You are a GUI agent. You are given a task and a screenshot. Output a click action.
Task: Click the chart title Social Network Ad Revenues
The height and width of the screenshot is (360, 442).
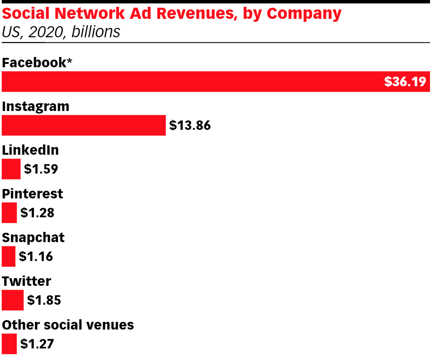tap(172, 14)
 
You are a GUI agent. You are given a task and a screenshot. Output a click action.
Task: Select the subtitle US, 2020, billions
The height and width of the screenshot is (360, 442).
tap(61, 32)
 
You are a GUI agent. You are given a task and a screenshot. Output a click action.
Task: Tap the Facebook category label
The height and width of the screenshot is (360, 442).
tap(37, 63)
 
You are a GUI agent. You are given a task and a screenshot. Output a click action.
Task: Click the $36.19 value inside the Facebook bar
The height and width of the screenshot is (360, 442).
tap(405, 81)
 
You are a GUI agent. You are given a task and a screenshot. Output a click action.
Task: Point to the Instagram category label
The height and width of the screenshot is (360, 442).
tap(36, 106)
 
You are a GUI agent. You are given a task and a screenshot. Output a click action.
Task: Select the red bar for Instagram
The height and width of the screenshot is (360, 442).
tap(84, 125)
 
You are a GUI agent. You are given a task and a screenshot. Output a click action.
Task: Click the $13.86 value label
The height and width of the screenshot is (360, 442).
tap(190, 126)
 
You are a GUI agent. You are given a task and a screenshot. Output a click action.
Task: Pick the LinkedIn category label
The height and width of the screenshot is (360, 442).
tap(30, 150)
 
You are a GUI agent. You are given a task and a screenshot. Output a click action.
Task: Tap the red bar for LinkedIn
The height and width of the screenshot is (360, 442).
tap(11, 169)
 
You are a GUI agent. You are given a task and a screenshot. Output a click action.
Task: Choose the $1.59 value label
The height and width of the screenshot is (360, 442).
tap(41, 169)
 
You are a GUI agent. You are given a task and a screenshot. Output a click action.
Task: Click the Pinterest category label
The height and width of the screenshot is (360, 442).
tap(33, 194)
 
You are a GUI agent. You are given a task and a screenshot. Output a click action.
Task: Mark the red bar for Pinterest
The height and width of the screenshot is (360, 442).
tap(9, 213)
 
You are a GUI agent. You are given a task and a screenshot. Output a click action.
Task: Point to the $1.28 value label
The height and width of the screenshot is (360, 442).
tap(37, 213)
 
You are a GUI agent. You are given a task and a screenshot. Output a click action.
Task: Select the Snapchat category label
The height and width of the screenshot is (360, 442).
tap(33, 237)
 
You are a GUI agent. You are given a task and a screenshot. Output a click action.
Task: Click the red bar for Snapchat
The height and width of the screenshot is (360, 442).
tap(9, 256)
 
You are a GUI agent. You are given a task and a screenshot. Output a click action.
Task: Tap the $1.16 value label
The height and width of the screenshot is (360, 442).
tap(36, 257)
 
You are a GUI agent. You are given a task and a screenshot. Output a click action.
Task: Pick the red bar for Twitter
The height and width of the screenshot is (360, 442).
tap(12, 300)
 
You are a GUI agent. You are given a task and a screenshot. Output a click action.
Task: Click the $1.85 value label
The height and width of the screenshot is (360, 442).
tap(44, 300)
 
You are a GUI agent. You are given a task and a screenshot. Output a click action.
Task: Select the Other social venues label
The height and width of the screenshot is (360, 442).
tap(68, 325)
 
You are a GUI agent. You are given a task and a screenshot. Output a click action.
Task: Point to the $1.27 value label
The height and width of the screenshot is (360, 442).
tap(37, 344)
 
